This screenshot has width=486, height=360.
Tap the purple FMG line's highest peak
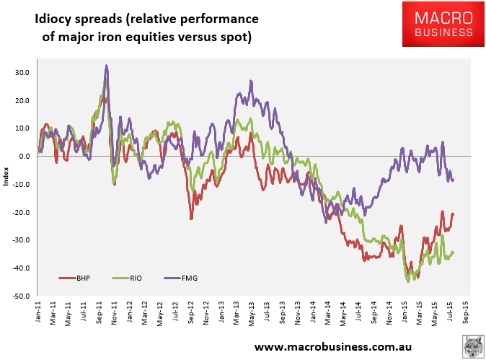(107, 66)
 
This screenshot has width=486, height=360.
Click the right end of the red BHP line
(453, 214)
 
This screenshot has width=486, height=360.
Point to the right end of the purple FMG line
(453, 180)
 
